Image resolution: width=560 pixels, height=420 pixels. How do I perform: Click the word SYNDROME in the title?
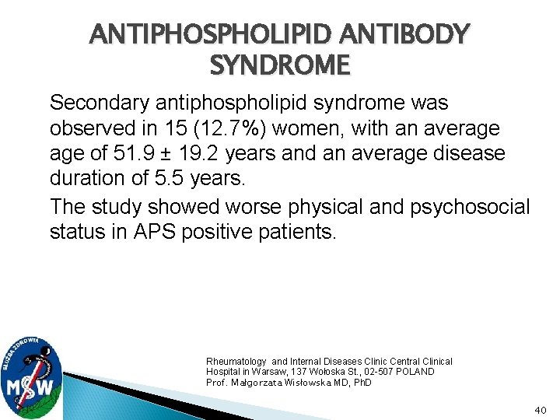click(x=280, y=65)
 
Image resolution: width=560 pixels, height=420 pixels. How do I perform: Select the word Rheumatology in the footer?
click(x=236, y=362)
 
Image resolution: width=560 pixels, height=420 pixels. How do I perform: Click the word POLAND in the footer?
click(x=416, y=372)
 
